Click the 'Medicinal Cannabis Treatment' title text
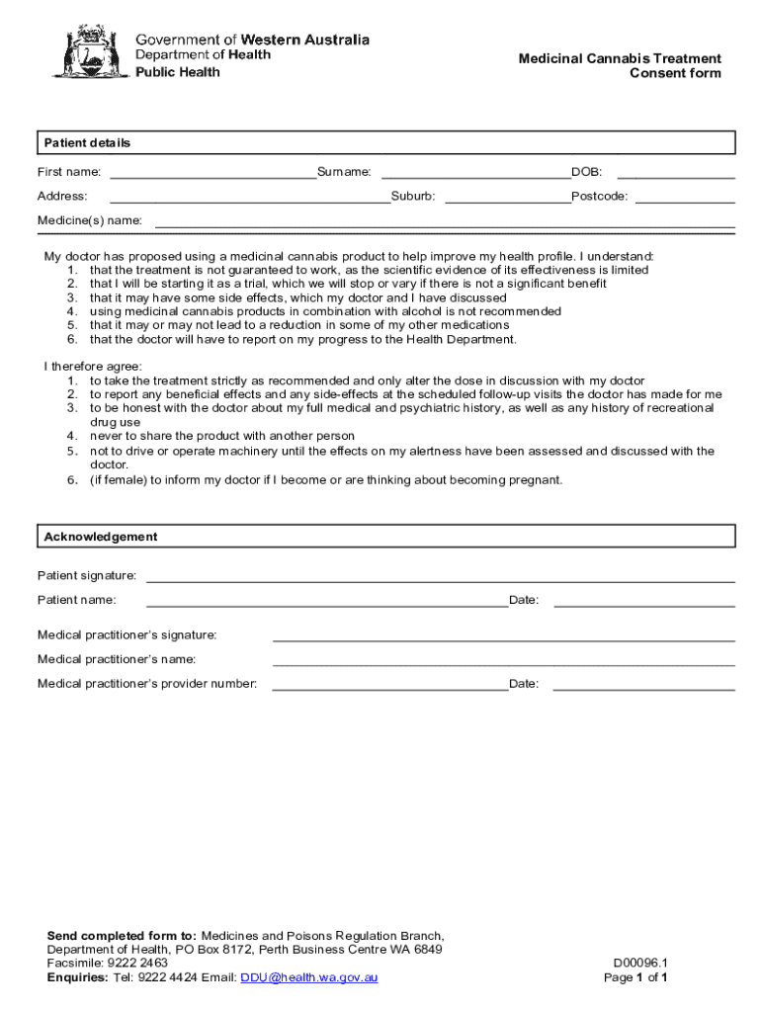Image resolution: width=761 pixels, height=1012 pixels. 620,59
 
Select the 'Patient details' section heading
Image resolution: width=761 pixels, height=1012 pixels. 87,143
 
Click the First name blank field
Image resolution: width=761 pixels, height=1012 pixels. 212,172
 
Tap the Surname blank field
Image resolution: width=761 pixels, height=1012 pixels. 475,172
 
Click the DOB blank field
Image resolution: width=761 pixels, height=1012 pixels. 676,172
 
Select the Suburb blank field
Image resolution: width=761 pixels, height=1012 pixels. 507,196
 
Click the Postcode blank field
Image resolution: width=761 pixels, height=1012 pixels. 684,196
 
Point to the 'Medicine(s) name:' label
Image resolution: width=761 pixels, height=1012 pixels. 90,220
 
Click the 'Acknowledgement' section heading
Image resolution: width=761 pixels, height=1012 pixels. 100,537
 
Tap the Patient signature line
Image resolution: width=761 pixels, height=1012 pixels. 440,575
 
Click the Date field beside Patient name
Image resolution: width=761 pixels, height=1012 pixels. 643,600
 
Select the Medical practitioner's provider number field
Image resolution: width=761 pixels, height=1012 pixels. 389,684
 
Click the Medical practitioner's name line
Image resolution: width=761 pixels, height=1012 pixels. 503,659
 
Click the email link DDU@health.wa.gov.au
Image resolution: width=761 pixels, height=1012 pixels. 309,977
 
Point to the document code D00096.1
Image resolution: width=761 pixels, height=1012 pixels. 640,963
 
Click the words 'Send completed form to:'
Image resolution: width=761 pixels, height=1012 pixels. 123,935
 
